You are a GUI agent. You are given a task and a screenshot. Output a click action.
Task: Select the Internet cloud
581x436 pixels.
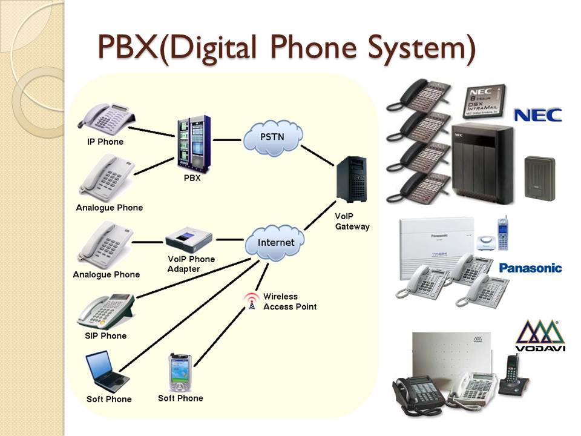tap(275, 243)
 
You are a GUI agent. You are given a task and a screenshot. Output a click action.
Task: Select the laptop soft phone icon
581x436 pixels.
tap(107, 371)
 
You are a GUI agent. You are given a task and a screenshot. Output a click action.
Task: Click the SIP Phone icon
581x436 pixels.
tap(106, 311)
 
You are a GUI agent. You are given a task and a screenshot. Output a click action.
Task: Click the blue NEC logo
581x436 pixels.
tap(537, 114)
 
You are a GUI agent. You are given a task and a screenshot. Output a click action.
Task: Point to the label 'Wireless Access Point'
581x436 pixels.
tap(289, 302)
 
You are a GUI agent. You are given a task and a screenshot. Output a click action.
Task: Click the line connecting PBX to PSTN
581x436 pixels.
tap(227, 140)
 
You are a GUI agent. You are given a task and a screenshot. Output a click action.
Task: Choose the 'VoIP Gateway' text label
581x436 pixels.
tap(352, 221)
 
